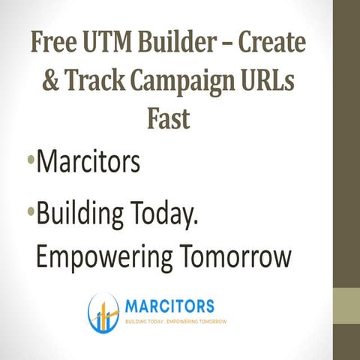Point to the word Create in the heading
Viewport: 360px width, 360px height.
[277, 43]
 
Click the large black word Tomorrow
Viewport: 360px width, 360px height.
[236, 256]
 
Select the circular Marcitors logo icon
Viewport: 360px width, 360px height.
[103, 312]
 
